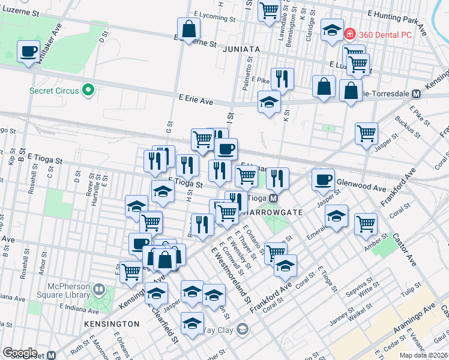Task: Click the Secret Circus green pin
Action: click(x=89, y=91)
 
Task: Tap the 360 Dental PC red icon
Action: click(x=351, y=35)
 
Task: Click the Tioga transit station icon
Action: click(x=273, y=199)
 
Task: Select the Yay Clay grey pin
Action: click(x=242, y=329)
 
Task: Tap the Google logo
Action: click(x=20, y=353)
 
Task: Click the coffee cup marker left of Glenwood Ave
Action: click(x=323, y=179)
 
